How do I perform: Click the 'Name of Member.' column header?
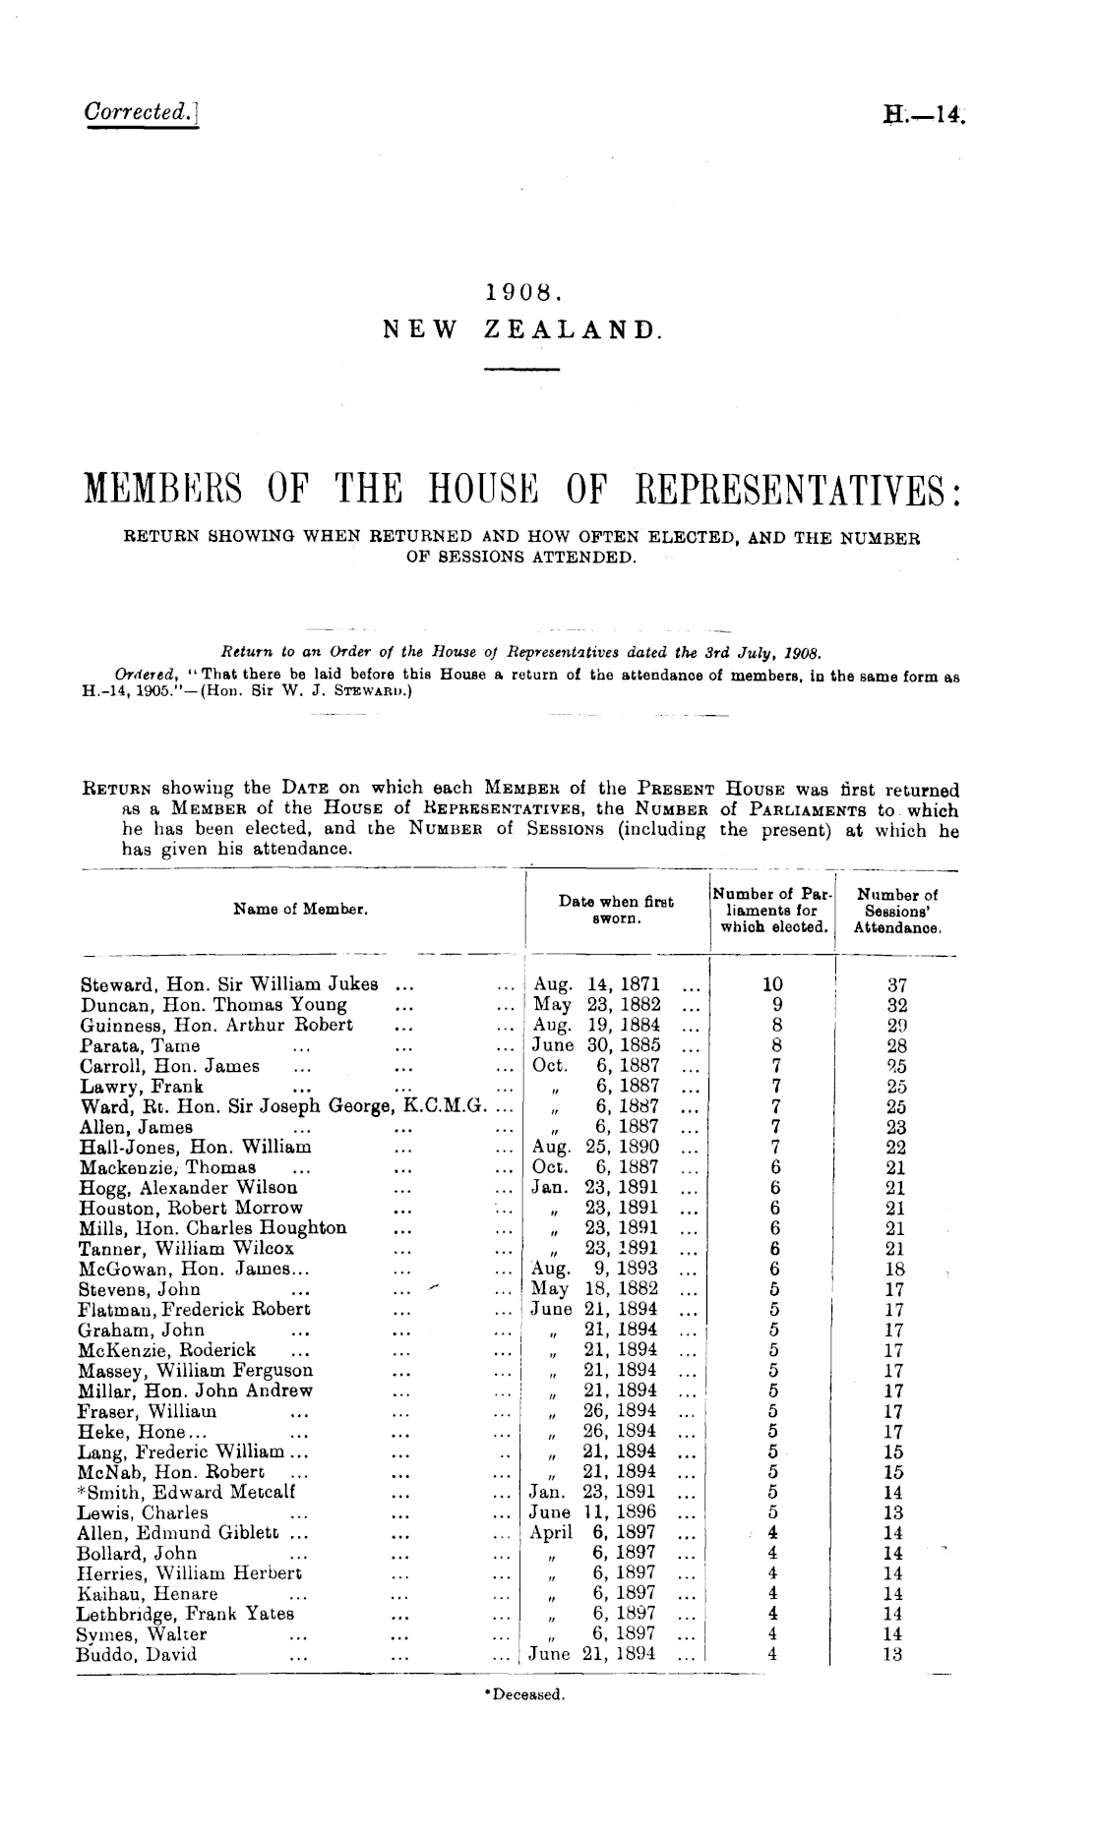point(300,910)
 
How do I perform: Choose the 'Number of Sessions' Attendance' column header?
point(897,910)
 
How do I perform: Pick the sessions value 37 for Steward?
point(896,984)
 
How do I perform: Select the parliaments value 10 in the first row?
point(774,984)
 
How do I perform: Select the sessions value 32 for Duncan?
point(896,1005)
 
